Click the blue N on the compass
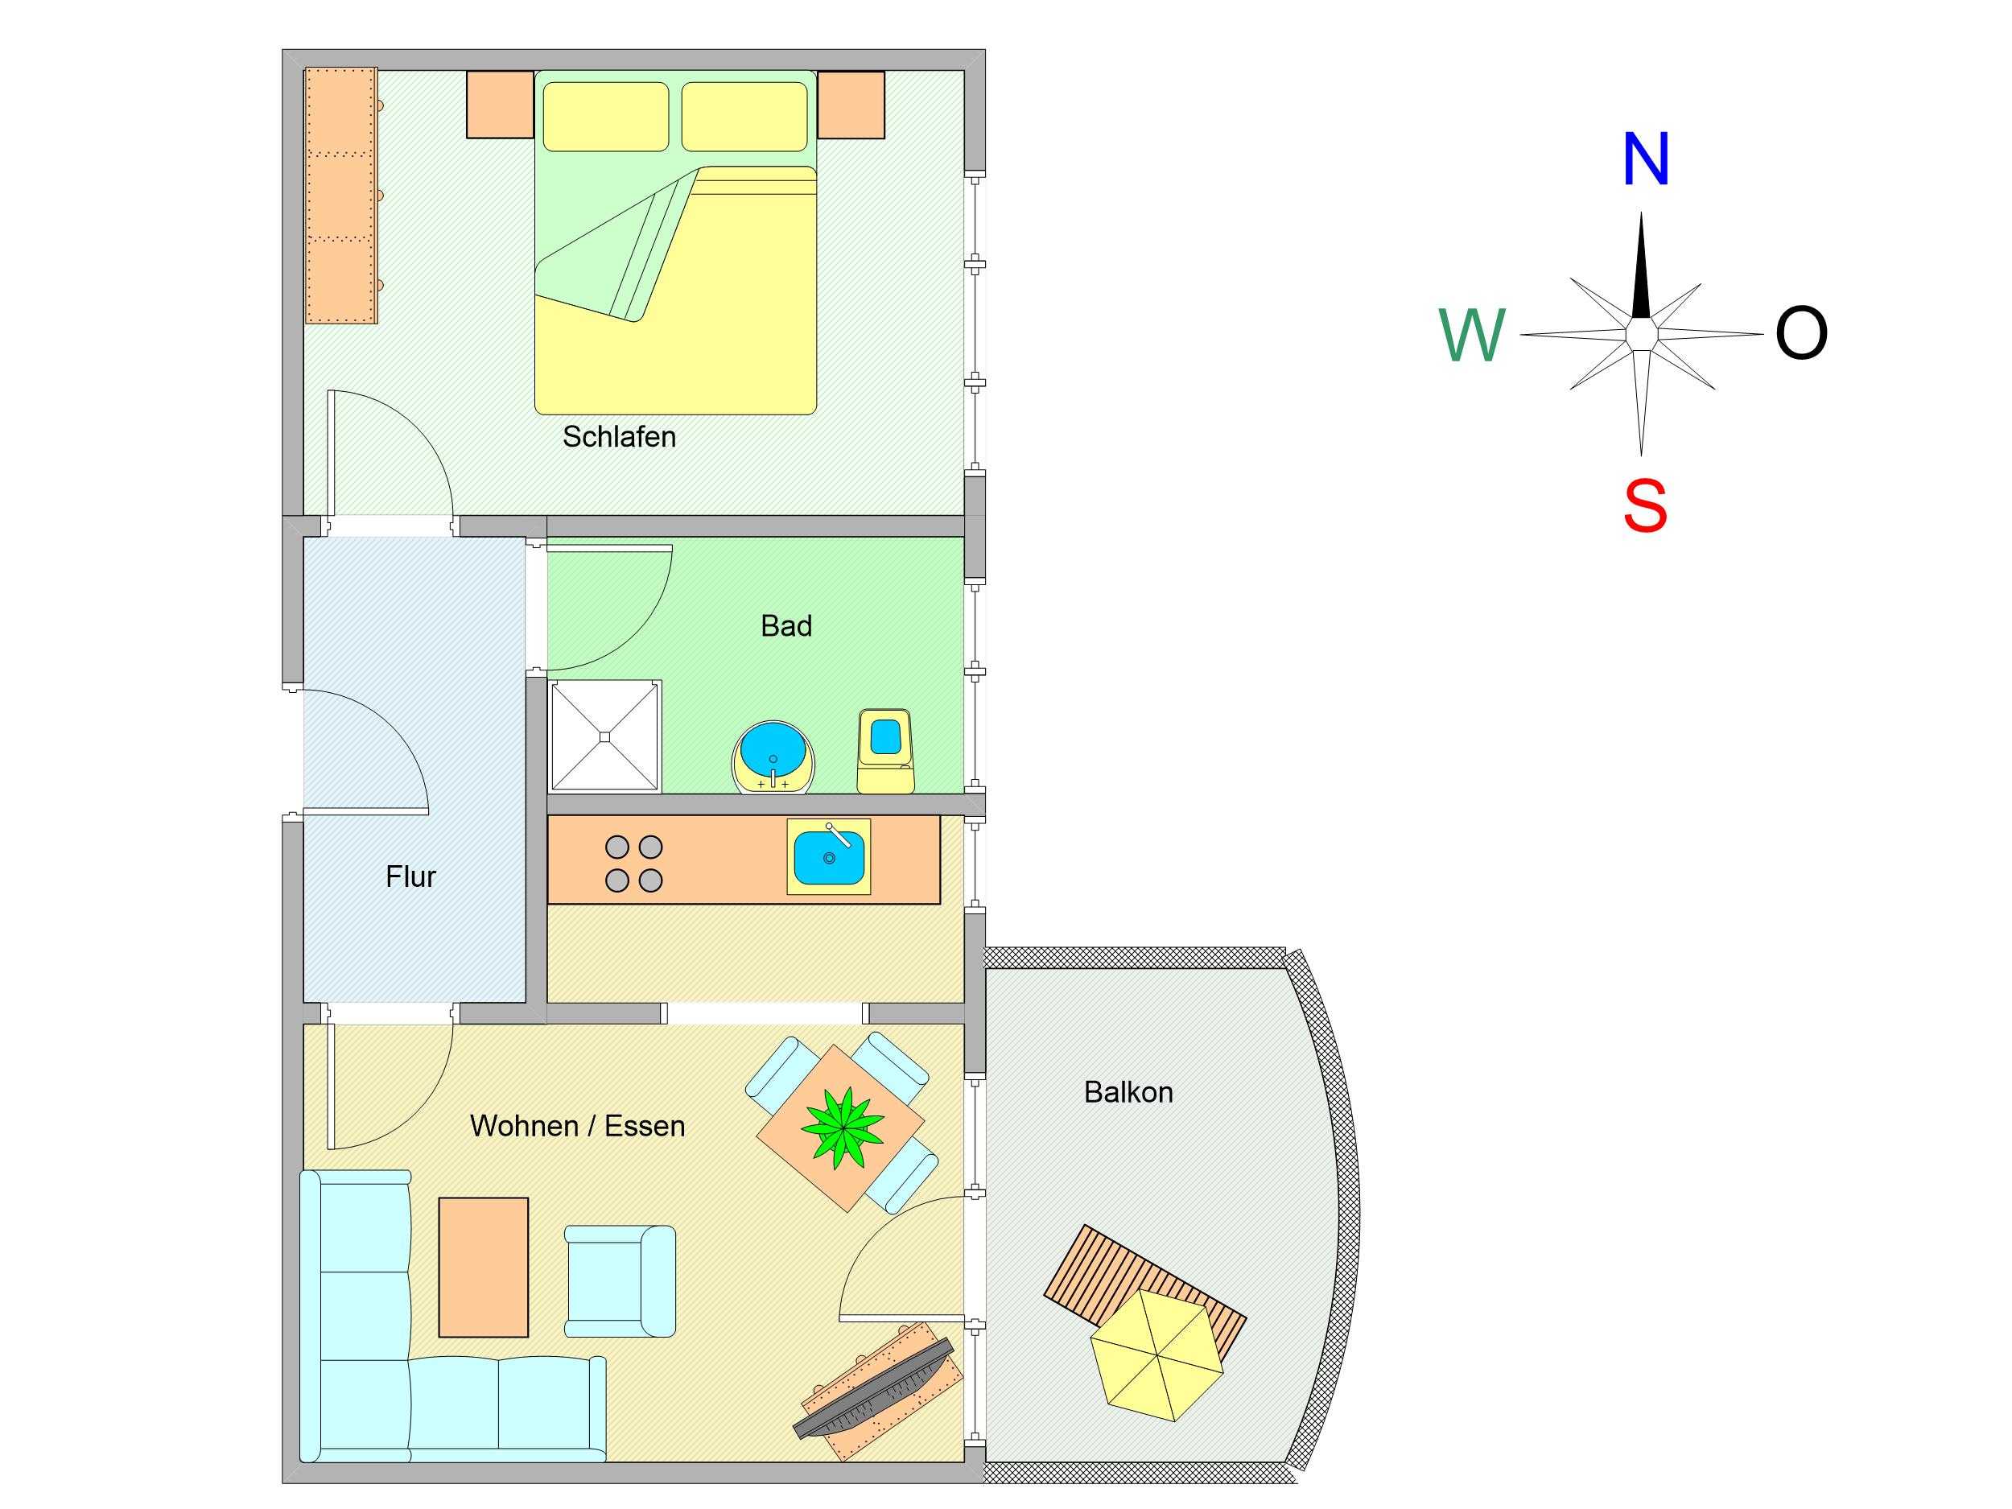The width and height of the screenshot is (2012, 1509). pos(1646,159)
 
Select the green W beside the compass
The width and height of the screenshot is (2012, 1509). pos(1473,335)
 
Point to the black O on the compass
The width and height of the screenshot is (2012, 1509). pos(1801,333)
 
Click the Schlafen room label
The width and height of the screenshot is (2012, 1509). pos(619,436)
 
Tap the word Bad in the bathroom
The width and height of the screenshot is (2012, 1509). pos(785,626)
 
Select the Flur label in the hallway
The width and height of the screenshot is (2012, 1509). pos(410,877)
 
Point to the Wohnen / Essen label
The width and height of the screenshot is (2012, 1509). pos(578,1126)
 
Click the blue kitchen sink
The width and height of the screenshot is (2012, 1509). pos(829,857)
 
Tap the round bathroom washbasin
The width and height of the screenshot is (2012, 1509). pos(774,757)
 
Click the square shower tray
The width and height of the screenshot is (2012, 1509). pos(605,736)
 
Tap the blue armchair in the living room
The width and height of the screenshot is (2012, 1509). pos(621,1280)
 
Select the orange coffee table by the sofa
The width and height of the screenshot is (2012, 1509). pos(484,1267)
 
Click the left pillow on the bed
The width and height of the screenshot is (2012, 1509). pos(606,117)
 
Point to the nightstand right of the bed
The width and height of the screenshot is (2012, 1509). pos(851,105)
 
